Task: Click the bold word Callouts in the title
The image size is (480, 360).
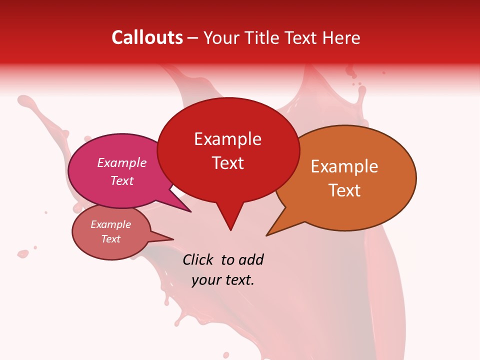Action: pyautogui.click(x=147, y=37)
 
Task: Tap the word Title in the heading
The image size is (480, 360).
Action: pyautogui.click(x=264, y=37)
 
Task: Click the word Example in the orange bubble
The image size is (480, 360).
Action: pyautogui.click(x=344, y=166)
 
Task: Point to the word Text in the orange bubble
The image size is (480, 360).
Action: pyautogui.click(x=344, y=190)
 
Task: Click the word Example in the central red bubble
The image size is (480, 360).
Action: pyautogui.click(x=227, y=139)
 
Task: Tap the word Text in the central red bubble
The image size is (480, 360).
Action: pyautogui.click(x=228, y=162)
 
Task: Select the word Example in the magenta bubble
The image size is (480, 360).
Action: pyautogui.click(x=122, y=162)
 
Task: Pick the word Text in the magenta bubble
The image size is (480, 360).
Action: pyautogui.click(x=122, y=180)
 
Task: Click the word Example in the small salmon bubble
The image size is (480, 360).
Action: pyautogui.click(x=111, y=224)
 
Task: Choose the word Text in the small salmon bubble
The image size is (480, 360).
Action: pyautogui.click(x=111, y=239)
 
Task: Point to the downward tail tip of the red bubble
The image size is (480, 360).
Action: pyautogui.click(x=230, y=230)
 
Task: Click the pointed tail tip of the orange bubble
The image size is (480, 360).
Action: pyautogui.click(x=266, y=235)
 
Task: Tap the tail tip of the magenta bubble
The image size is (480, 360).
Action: pyautogui.click(x=191, y=212)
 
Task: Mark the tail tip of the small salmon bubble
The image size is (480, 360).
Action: pyautogui.click(x=173, y=239)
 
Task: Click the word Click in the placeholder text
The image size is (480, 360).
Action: pyautogui.click(x=198, y=259)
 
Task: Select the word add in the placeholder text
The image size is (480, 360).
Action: pyautogui.click(x=250, y=259)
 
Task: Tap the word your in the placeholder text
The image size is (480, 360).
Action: pyautogui.click(x=205, y=280)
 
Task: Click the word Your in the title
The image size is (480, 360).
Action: pyautogui.click(x=220, y=37)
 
